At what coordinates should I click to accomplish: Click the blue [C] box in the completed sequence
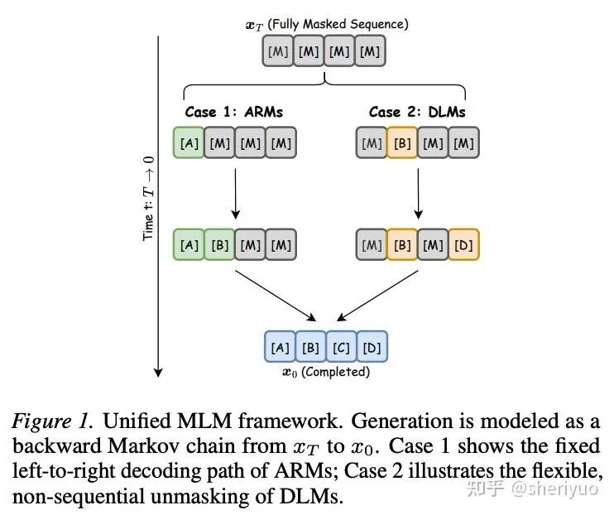(x=342, y=348)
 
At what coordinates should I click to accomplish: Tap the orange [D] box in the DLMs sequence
(x=464, y=244)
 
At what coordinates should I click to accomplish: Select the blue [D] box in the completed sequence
(x=372, y=348)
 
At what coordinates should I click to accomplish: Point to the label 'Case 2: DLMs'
(x=417, y=112)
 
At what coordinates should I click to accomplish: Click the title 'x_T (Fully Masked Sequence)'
(x=326, y=25)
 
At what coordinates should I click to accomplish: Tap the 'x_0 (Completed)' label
(x=326, y=373)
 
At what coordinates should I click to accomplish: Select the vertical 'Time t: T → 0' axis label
(x=149, y=199)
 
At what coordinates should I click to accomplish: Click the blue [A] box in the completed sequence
(x=280, y=348)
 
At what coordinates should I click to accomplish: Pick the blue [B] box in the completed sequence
(x=310, y=348)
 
